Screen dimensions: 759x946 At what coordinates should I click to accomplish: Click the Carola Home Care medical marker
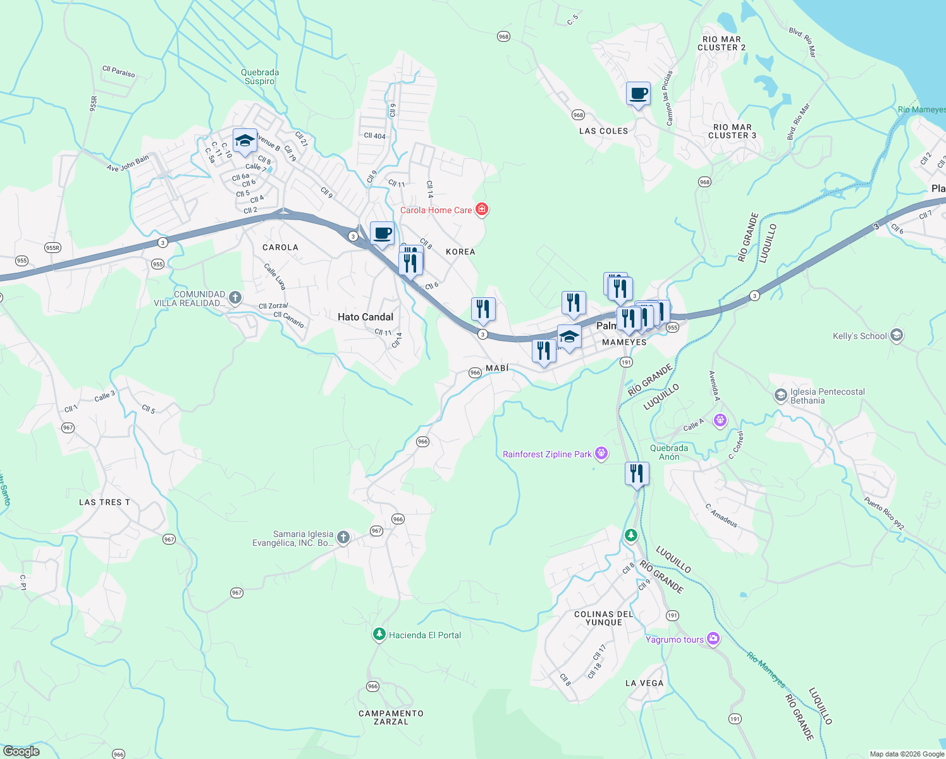pos(482,209)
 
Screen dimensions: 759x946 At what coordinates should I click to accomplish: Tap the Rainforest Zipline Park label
pos(547,454)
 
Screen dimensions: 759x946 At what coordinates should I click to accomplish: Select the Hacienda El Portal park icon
pos(379,634)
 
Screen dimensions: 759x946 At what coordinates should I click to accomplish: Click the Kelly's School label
pos(859,336)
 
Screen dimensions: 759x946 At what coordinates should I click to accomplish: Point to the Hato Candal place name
pos(365,317)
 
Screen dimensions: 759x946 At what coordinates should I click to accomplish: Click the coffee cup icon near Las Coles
pos(638,94)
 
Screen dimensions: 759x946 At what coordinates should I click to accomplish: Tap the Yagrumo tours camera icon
pos(713,639)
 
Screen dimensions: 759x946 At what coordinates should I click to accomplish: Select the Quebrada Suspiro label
pos(260,77)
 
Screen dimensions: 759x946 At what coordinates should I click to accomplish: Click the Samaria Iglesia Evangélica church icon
pos(343,538)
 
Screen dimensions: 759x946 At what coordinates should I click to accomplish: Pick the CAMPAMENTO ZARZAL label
pos(391,717)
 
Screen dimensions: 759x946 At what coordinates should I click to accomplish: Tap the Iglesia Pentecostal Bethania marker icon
pos(780,395)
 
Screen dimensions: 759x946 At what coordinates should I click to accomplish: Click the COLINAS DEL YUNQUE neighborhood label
pos(604,618)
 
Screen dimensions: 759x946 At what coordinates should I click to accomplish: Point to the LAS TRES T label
pos(104,502)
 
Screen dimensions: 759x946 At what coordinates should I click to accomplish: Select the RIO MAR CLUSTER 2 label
pos(722,43)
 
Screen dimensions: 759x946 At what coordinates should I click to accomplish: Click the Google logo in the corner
pos(21,751)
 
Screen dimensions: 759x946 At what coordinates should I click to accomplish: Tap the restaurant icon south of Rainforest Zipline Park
pos(637,473)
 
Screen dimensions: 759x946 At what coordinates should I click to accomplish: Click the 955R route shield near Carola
pos(52,248)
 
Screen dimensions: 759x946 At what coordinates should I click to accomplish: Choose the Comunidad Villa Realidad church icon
pos(235,298)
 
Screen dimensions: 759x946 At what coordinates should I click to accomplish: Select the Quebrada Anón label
pos(669,452)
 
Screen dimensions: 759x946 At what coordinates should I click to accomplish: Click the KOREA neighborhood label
pos(460,252)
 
